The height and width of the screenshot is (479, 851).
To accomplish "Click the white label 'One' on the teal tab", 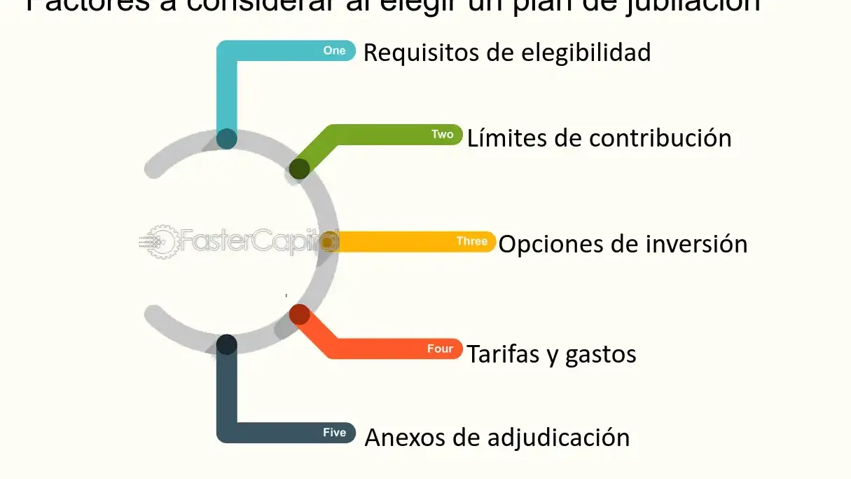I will tap(335, 51).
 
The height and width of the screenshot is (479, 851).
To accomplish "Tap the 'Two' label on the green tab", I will tap(442, 135).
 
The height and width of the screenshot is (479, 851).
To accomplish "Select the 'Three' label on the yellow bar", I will tap(471, 241).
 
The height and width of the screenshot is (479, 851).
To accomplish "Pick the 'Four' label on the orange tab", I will tap(440, 349).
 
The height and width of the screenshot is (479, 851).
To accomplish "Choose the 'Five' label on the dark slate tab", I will tap(334, 433).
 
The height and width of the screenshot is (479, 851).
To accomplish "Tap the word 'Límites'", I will tap(506, 137).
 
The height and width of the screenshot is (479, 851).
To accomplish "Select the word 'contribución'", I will tap(660, 138).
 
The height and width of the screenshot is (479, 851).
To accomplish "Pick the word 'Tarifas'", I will tap(502, 353).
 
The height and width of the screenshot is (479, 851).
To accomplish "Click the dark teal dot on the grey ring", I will tap(227, 139).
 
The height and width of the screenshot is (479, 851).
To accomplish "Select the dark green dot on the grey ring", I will tap(299, 168).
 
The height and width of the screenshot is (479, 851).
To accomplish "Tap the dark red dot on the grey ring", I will tap(299, 314).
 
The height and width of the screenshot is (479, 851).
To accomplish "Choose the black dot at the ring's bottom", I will tap(226, 344).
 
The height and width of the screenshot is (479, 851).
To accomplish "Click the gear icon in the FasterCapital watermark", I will tap(162, 241).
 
